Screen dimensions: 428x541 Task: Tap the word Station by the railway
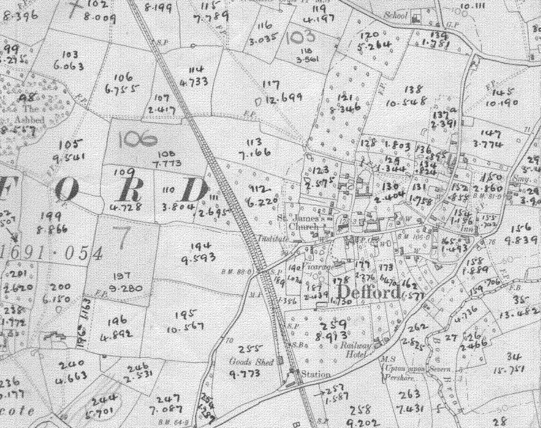(x=316, y=375)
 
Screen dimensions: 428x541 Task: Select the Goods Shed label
(x=251, y=362)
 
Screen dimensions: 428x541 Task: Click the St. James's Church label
(x=302, y=222)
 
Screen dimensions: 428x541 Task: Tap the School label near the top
(x=395, y=15)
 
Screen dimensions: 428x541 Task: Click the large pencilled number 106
(x=137, y=139)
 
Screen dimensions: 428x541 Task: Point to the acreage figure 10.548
(x=406, y=102)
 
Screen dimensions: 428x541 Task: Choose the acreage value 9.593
(x=199, y=259)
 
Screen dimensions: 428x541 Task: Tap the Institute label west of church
(x=273, y=239)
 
